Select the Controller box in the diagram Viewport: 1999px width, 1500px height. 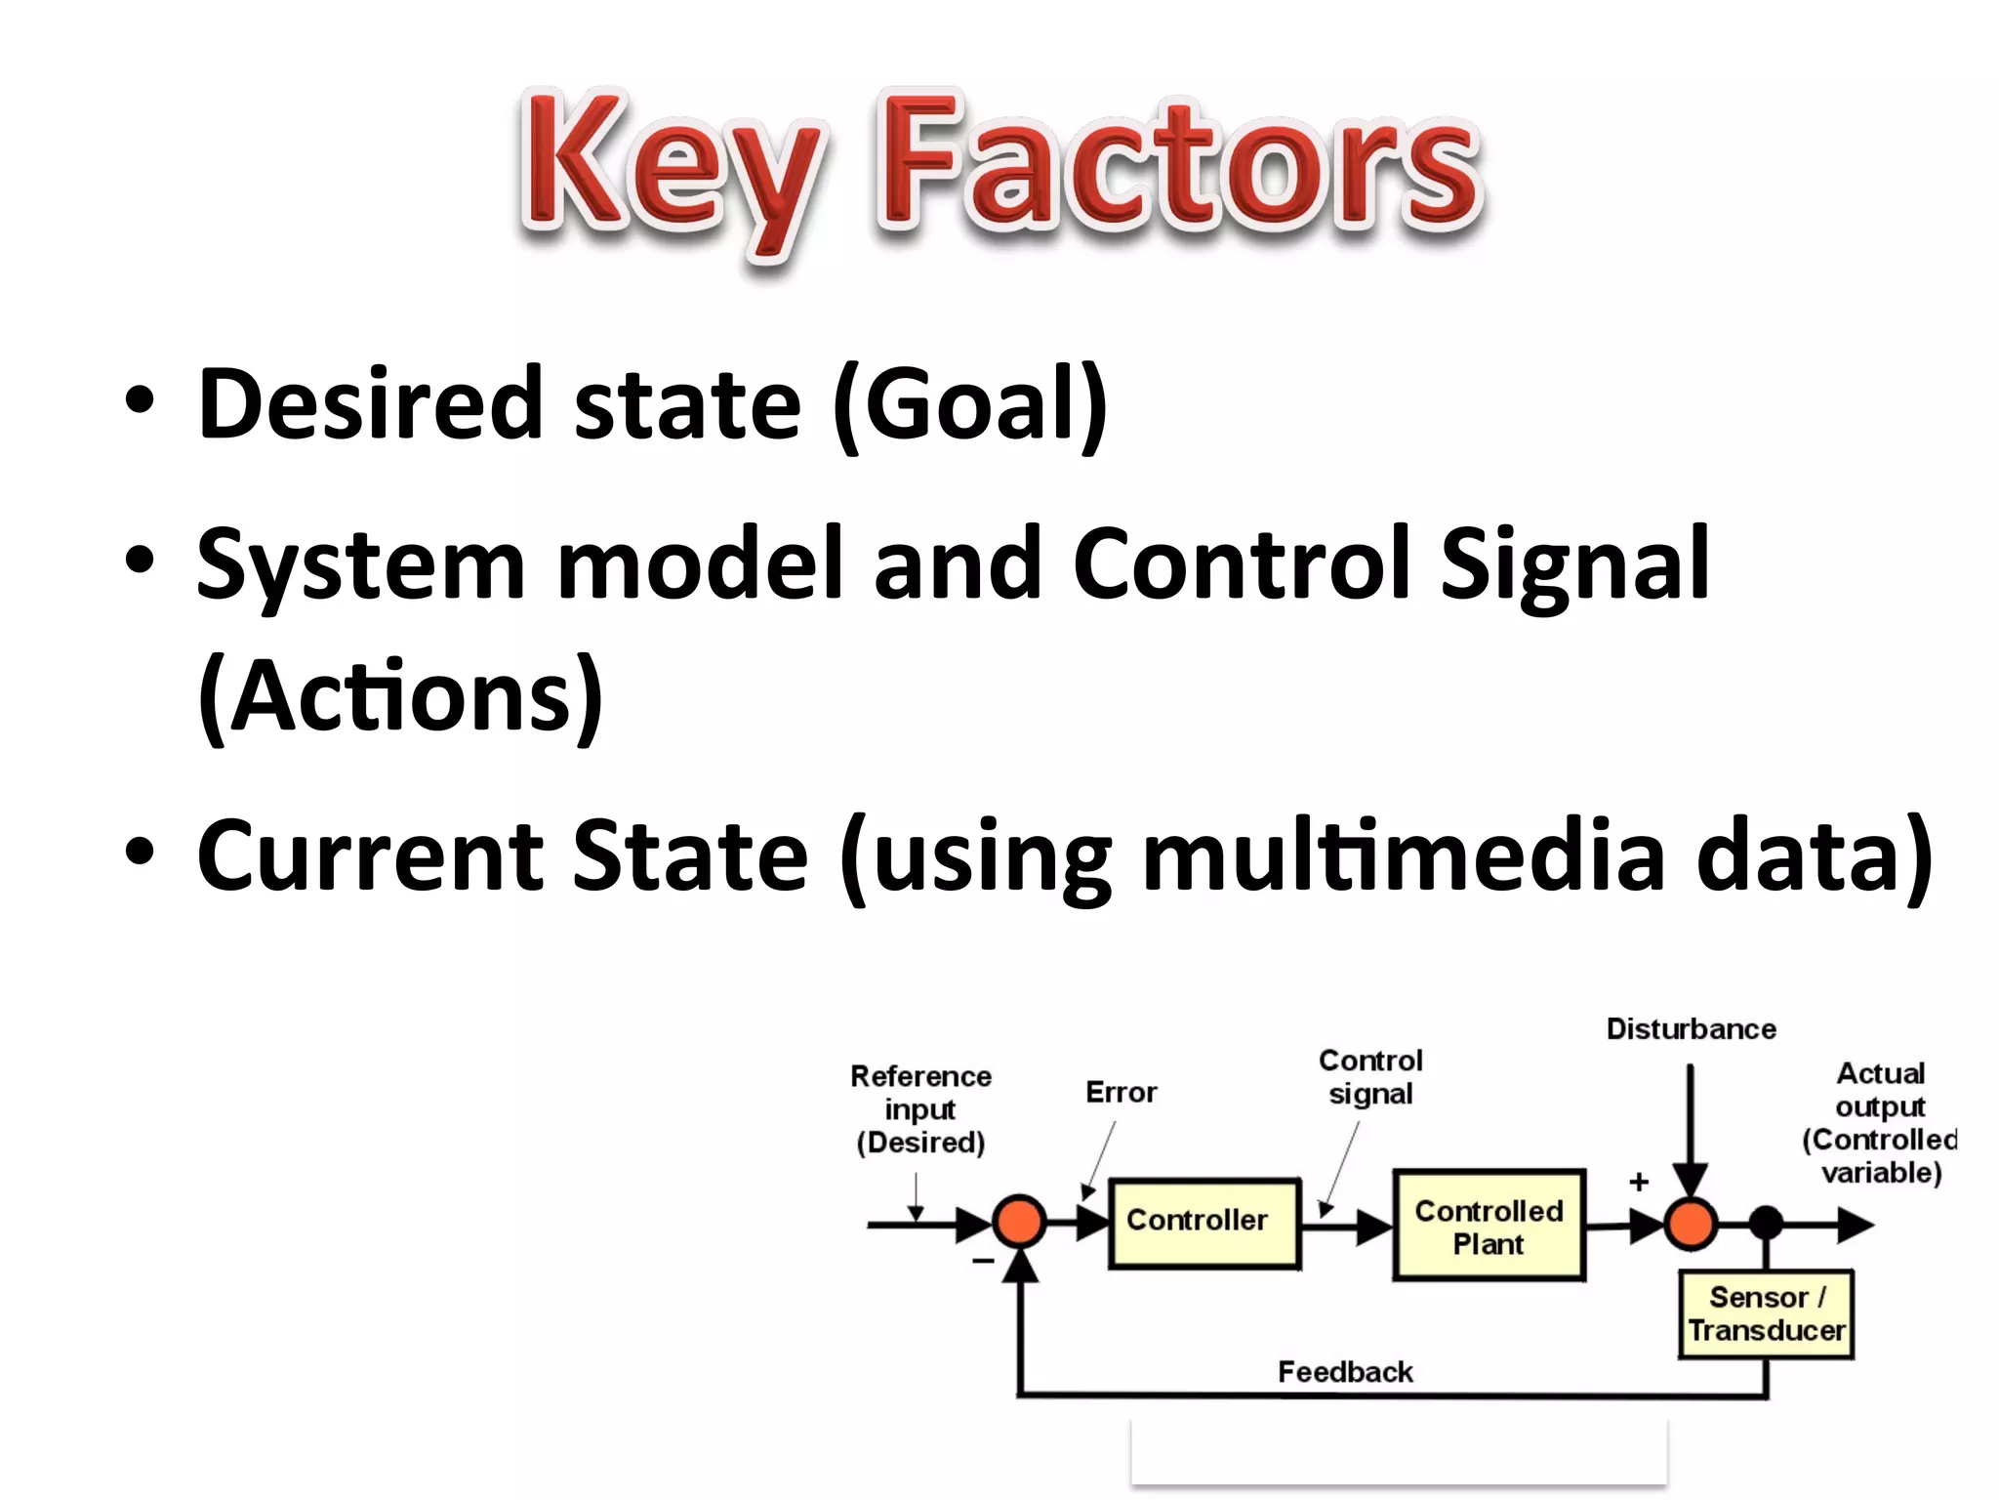point(1204,1223)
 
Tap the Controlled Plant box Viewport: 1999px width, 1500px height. point(1488,1225)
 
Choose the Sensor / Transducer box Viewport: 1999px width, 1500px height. point(1766,1313)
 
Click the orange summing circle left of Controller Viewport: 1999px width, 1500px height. point(1019,1222)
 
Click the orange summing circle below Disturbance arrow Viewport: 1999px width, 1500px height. point(1690,1223)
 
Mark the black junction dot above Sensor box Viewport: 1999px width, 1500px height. point(1766,1223)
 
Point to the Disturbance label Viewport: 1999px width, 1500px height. point(1691,1029)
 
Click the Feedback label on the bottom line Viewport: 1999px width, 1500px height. point(1345,1372)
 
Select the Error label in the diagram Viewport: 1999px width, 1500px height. point(1121,1092)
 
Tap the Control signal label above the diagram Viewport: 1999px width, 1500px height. point(1370,1076)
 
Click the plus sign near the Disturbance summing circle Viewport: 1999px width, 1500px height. point(1639,1183)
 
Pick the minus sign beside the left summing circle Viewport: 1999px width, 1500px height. point(983,1261)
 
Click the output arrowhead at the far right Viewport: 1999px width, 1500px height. point(1855,1224)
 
